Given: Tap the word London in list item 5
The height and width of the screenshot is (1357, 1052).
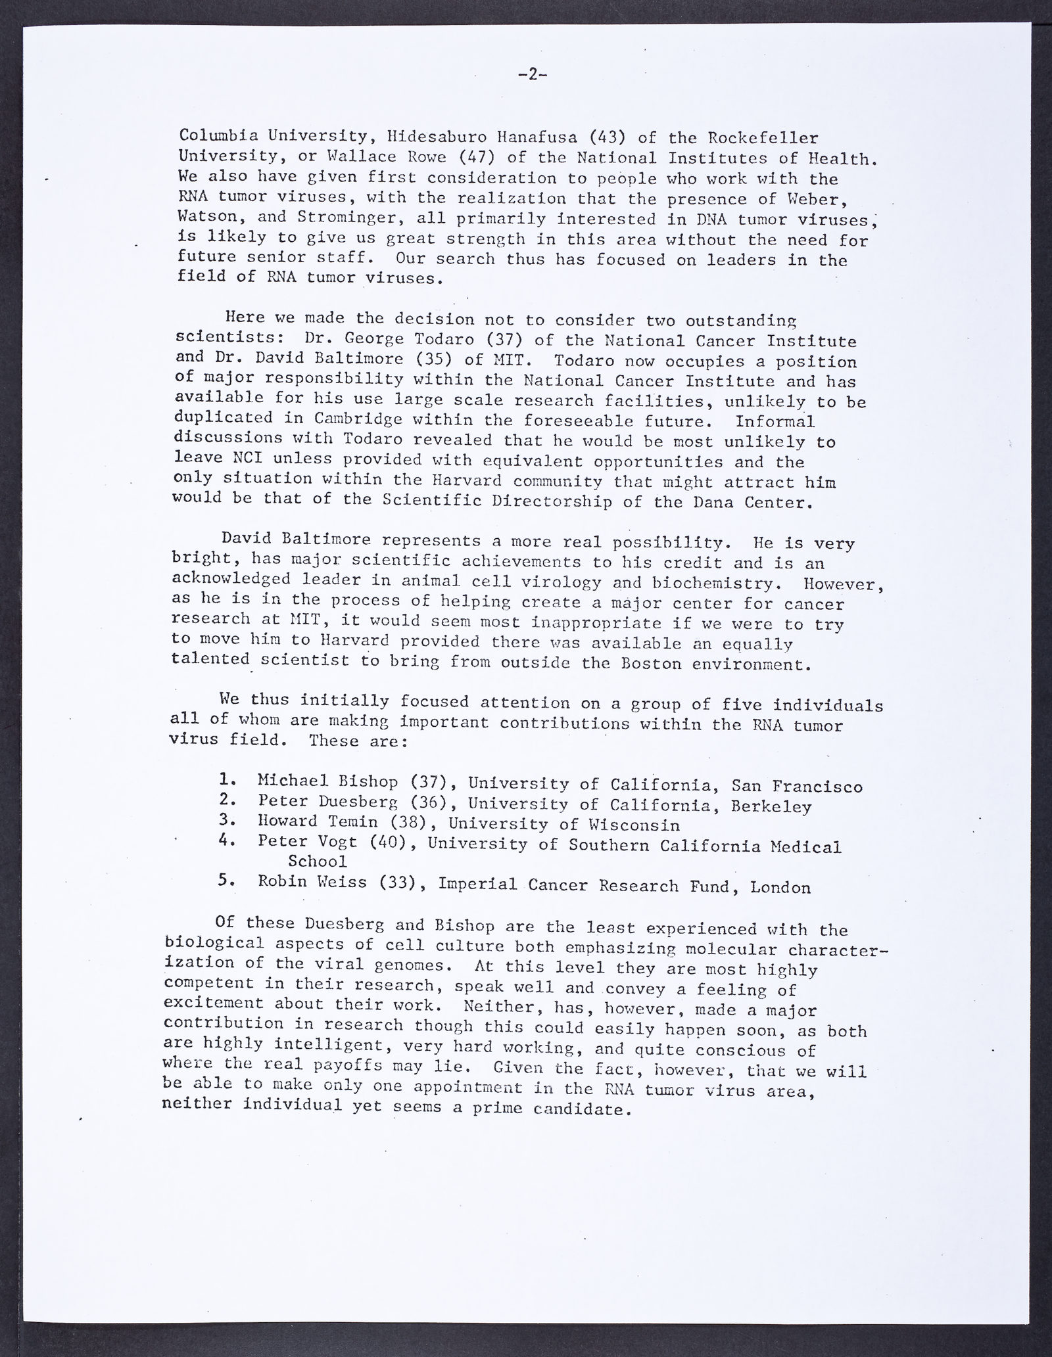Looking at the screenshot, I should point(780,887).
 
